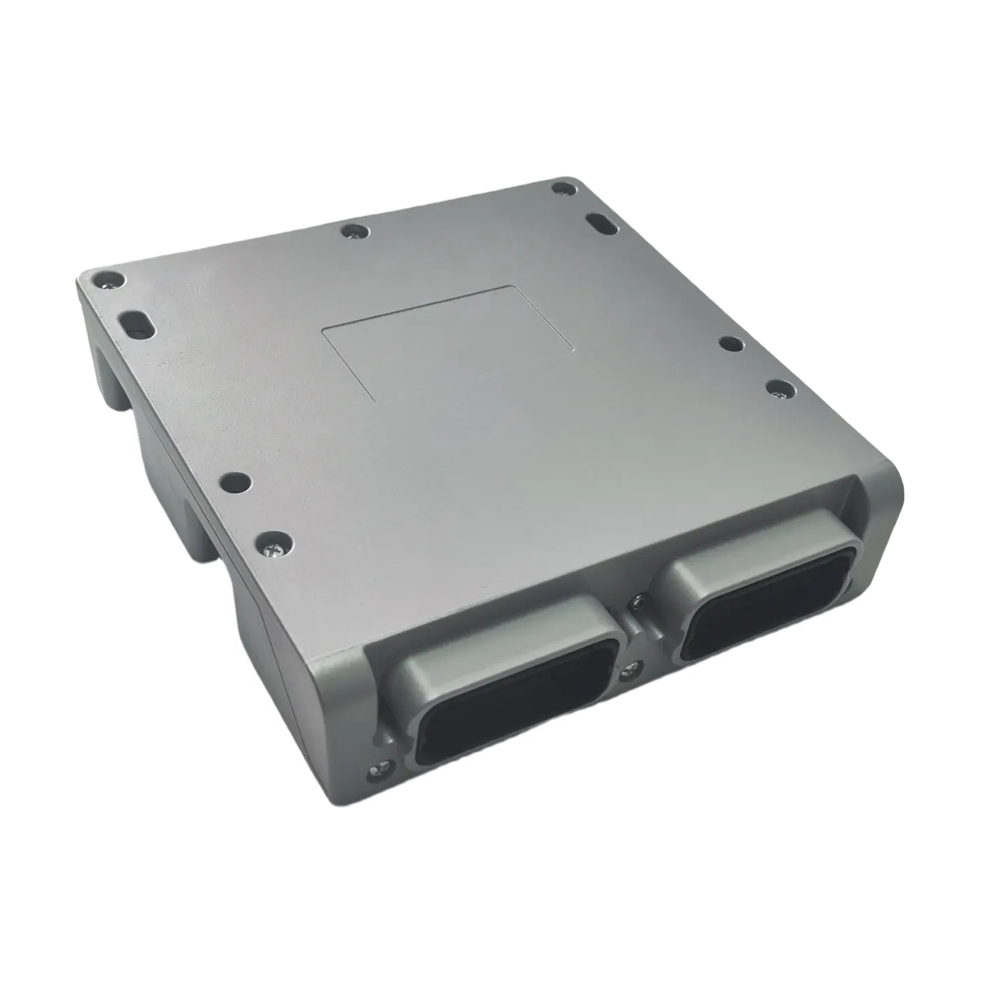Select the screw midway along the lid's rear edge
[355, 233]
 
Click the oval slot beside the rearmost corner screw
[599, 223]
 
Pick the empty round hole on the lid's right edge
[731, 343]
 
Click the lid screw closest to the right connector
[779, 388]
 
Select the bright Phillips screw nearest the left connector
[276, 542]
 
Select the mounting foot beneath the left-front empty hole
[204, 538]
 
